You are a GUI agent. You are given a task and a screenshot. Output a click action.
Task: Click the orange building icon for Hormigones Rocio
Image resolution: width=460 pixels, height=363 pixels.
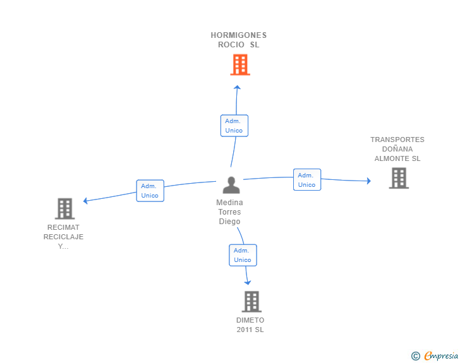pos(240,65)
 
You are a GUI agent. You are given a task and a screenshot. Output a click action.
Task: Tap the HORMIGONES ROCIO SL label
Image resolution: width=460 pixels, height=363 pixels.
pos(238,40)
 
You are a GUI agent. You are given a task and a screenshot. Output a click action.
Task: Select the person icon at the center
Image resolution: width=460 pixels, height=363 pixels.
pos(231,185)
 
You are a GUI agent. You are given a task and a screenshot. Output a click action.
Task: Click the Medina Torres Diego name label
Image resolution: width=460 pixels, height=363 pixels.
pos(229,211)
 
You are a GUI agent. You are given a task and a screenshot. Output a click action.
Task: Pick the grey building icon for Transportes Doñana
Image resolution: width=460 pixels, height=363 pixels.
pos(399,178)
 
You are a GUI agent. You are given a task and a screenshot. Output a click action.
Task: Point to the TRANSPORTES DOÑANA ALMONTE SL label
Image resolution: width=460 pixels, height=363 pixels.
pos(397,149)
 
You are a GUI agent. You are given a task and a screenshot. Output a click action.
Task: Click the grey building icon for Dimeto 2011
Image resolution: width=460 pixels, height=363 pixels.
pos(251,301)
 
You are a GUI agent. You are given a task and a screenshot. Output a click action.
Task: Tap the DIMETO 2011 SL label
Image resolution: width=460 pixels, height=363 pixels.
pos(250,325)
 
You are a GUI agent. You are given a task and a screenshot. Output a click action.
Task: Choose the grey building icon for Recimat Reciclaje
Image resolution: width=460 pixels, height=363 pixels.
pos(65,209)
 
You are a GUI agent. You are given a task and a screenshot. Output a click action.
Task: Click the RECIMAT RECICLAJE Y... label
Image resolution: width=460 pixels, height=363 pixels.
pos(63,237)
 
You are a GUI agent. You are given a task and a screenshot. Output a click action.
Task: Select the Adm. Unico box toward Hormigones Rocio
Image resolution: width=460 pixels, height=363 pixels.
pos(234,126)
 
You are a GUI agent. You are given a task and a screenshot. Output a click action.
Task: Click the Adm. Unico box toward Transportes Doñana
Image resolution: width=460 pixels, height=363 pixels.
pos(307,180)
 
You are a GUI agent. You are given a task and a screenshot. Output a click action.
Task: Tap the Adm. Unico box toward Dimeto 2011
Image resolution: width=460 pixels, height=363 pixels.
pos(243,255)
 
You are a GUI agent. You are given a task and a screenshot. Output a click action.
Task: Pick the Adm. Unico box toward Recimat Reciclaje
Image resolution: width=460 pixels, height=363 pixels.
pos(150,191)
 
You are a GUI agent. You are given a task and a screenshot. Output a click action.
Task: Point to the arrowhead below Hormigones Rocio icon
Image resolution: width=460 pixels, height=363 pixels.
pos(237,87)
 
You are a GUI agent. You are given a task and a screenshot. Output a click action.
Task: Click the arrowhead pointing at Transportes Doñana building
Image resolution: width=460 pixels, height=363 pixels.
pos(369,181)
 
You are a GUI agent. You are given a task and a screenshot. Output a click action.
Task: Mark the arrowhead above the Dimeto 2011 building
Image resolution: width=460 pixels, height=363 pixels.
pos(248,283)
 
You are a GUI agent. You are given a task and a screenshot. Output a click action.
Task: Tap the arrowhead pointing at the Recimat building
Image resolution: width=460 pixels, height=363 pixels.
pos(85,201)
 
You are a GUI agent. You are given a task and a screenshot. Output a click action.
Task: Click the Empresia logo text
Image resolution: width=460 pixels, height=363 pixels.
pos(441,355)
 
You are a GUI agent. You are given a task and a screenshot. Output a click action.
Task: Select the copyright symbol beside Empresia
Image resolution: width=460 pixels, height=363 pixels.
pos(416,356)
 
